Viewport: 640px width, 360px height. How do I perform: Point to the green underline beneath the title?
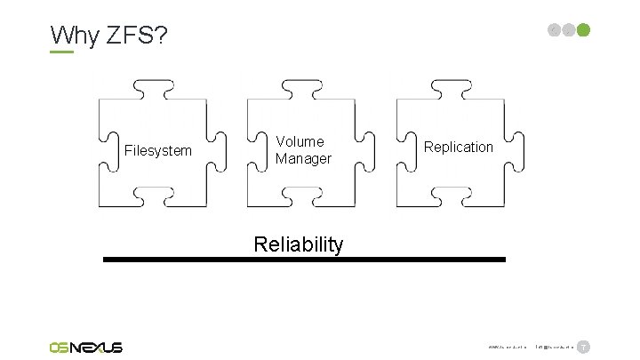61,52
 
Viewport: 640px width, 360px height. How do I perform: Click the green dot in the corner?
583,29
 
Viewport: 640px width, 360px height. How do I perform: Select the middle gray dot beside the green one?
569,29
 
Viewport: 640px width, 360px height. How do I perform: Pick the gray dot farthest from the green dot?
556,29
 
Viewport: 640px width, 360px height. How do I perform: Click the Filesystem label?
158,151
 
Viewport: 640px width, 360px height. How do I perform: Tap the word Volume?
300,141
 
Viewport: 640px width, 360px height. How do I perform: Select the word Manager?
303,158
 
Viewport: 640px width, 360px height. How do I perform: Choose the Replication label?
459,147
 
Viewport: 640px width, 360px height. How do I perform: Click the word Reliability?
298,244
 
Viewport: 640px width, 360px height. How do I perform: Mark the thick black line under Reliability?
304,260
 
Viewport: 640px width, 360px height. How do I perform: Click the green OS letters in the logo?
63,347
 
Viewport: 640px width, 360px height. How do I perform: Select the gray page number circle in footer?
583,346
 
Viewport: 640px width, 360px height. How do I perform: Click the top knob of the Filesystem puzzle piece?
156,88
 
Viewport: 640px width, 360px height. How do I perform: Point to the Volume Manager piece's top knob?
306,88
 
